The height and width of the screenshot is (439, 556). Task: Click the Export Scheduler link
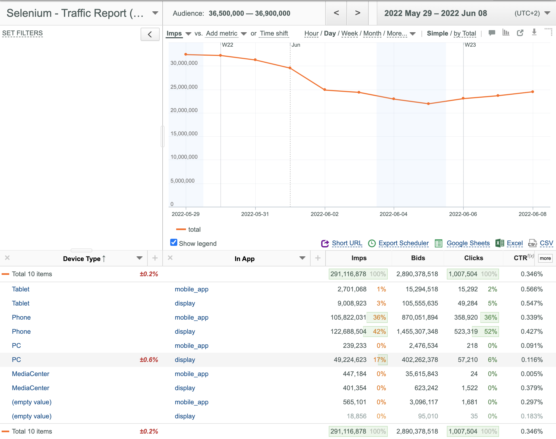coord(403,243)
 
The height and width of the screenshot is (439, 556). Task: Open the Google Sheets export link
coord(468,243)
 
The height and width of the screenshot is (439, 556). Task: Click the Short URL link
coord(347,243)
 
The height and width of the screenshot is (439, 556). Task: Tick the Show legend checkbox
coord(174,243)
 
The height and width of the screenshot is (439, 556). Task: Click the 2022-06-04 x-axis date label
coord(393,214)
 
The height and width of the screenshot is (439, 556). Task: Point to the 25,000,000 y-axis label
coord(184,87)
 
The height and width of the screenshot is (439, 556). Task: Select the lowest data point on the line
coord(428,104)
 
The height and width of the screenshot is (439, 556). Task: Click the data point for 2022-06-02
coord(325,90)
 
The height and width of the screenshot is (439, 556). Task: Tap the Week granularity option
coord(349,33)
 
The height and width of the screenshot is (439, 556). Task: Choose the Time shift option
coord(274,33)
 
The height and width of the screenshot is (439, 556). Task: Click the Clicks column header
coord(473,258)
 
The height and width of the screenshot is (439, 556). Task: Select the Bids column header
coord(418,258)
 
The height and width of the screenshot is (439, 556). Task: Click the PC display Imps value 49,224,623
coord(350,360)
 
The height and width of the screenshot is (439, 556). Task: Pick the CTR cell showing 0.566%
coord(532,289)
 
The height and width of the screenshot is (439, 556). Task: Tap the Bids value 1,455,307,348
coord(417,332)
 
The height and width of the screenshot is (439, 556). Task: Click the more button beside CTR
coord(545,258)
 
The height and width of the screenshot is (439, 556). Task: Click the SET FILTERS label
coord(23,33)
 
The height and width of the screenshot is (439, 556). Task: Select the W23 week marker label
coord(470,45)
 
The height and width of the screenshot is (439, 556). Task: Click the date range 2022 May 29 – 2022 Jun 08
coord(435,13)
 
